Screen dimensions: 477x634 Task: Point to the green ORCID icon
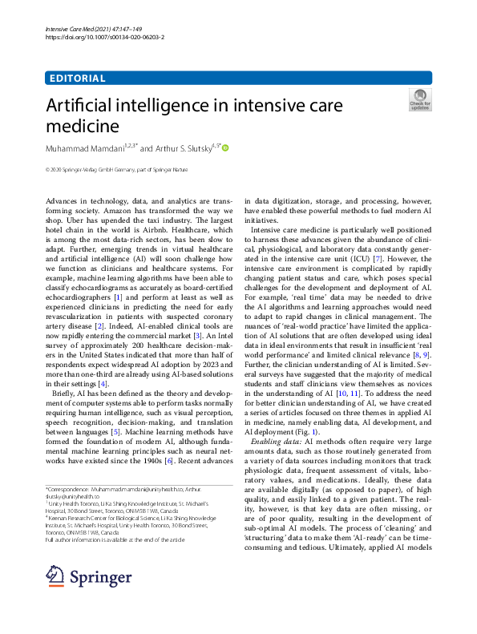pos(225,147)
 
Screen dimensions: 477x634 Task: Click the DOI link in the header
pos(96,38)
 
